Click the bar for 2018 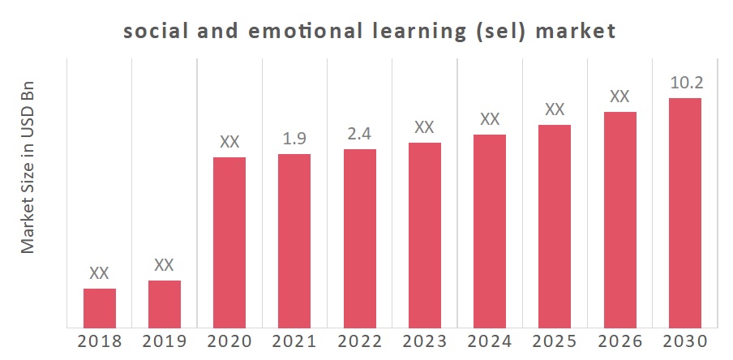tap(100, 309)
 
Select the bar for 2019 tap(165, 305)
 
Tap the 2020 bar tap(229, 243)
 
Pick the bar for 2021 tap(294, 242)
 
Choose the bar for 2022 tap(359, 239)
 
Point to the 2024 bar tap(490, 232)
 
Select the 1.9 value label tap(294, 139)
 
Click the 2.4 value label tap(359, 134)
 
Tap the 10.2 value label tap(685, 83)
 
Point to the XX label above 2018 tap(99, 273)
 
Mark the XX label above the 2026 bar tap(619, 96)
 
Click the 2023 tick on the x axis tap(425, 341)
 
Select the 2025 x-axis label tap(555, 341)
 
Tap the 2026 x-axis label tap(619, 341)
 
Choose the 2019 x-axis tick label tap(165, 341)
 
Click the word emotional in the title tap(308, 32)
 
